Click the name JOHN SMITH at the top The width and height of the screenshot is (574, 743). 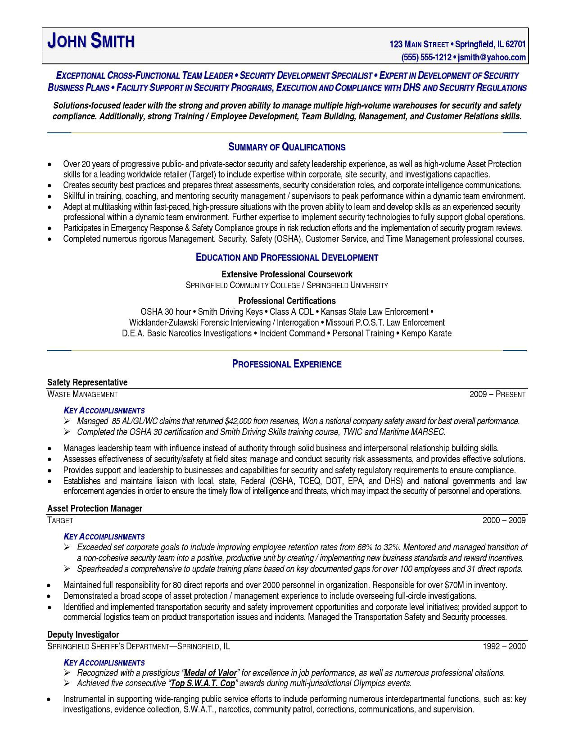pos(91,41)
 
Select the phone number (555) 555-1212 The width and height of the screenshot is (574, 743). pos(426,57)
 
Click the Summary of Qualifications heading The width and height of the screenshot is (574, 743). pos(287,147)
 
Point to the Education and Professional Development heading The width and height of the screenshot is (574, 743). pos(287,257)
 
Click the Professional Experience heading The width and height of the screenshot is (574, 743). pos(287,364)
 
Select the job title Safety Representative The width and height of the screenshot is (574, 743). pos(87,382)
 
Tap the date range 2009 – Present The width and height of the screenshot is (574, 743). pos(497,394)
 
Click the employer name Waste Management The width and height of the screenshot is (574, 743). pos(82,394)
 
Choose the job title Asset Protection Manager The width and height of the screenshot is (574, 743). pos(95,508)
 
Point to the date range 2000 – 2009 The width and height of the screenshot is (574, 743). pos(504,521)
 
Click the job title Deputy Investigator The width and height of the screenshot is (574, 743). pos(83,634)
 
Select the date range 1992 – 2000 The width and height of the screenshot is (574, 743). pos(504,647)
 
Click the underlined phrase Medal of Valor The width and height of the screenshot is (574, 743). pos(210,673)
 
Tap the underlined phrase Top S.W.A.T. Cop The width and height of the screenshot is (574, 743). pos(203,683)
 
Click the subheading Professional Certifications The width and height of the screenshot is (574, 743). pos(287,301)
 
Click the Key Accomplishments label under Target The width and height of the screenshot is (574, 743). pos(104,536)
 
